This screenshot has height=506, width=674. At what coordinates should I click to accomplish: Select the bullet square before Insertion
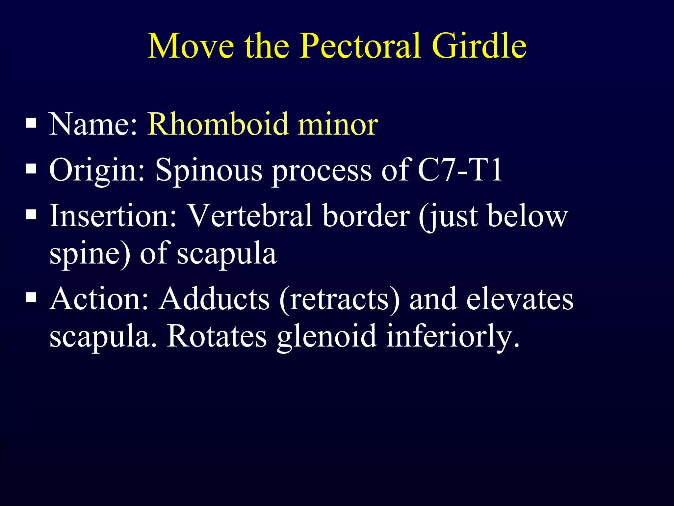tap(31, 215)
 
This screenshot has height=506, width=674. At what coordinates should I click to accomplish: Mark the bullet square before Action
tap(31, 298)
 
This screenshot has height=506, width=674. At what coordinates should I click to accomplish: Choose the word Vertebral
tap(250, 216)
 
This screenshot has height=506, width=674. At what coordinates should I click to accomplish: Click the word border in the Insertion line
tap(366, 216)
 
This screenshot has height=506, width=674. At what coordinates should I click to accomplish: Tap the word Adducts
tap(214, 299)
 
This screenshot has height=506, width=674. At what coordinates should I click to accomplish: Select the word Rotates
tap(217, 336)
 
